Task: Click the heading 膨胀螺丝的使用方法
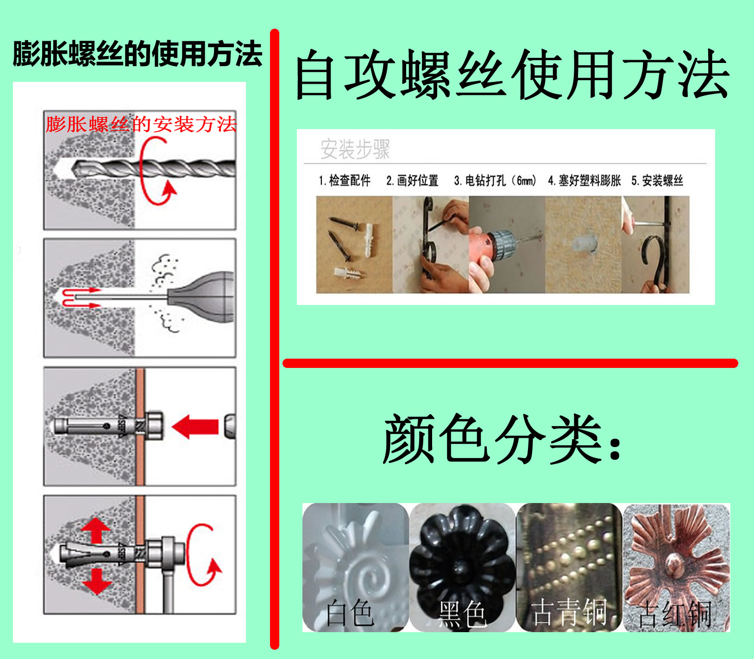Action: click(138, 54)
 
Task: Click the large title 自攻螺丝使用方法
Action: click(512, 75)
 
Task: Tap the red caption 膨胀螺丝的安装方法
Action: click(141, 124)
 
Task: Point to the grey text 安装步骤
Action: click(355, 149)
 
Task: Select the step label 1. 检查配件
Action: click(345, 180)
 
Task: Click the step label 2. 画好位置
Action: click(412, 180)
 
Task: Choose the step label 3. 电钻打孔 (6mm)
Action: click(495, 180)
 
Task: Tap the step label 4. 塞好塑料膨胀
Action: click(584, 180)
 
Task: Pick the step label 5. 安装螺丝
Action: click(657, 180)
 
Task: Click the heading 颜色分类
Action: click(502, 439)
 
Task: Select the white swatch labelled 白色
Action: click(355, 567)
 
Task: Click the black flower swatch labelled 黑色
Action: click(462, 567)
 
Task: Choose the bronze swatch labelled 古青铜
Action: click(569, 567)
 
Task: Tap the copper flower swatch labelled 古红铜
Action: click(677, 567)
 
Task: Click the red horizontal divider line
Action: click(510, 363)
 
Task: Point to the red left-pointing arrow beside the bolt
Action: click(195, 427)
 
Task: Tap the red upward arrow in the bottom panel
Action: click(96, 530)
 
